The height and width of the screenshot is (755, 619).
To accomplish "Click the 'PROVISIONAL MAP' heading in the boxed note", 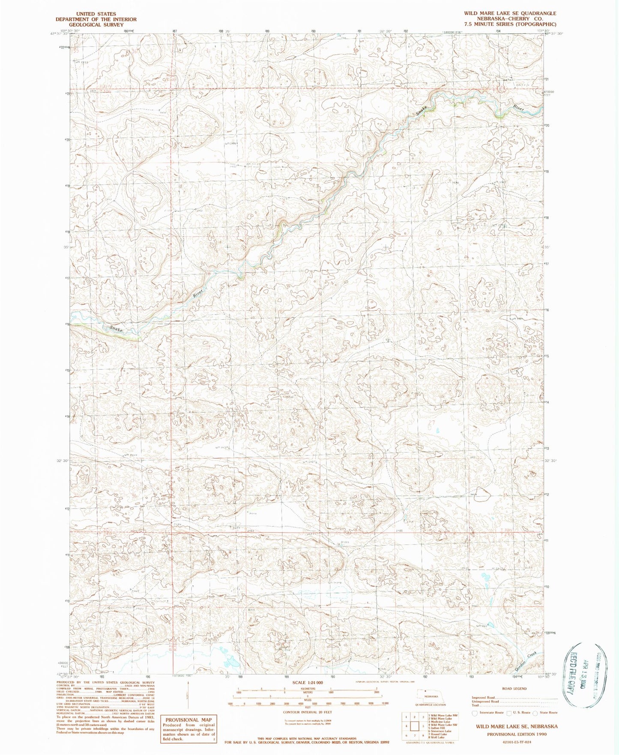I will click(188, 719).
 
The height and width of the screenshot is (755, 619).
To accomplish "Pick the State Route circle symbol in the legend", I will click(535, 713).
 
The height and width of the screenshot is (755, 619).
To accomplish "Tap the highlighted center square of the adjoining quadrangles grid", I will click(414, 726).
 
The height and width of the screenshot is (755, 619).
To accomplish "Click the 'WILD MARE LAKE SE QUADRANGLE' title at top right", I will click(510, 13).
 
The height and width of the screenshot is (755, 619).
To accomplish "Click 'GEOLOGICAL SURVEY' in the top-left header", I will click(96, 25).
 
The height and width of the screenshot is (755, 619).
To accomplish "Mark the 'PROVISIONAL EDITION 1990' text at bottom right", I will click(517, 734).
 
